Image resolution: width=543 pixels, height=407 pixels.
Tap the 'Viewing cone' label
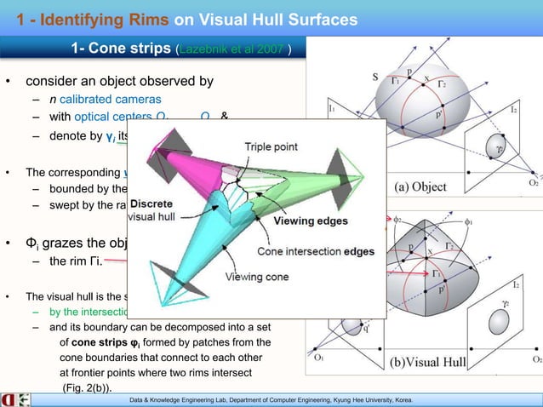click(x=255, y=277)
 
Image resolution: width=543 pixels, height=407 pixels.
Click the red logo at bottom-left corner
click(x=9, y=399)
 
